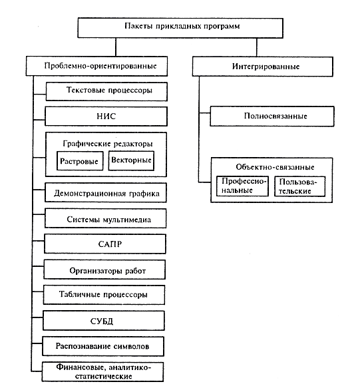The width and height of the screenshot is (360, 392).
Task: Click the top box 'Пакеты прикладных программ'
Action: coord(180,28)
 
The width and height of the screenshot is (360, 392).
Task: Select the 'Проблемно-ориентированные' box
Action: coord(96,66)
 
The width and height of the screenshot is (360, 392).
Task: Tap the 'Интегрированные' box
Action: coord(262,67)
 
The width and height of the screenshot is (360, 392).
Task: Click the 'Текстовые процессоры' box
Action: coord(106,91)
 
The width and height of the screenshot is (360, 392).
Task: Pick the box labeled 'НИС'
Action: coord(106,116)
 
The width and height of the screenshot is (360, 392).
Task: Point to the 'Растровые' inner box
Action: coord(80,161)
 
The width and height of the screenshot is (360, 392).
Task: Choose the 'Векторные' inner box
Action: coord(131,161)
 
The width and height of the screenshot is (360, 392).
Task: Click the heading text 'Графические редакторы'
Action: coord(108,144)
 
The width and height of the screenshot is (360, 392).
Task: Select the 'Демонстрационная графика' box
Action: coord(106,193)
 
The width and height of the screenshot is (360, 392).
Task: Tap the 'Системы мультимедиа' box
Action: coord(106,218)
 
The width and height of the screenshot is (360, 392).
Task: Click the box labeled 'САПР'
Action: coord(105,244)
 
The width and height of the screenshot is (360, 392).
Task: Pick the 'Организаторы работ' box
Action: coord(104,270)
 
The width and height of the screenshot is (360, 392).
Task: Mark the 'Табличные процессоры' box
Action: coord(104,295)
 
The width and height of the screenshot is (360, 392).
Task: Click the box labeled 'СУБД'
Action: coord(104,321)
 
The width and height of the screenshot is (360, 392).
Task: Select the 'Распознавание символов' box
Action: coord(103,346)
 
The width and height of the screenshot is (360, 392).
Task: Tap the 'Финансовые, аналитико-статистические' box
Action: coord(102,372)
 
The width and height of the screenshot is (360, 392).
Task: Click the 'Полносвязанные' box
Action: coord(272,116)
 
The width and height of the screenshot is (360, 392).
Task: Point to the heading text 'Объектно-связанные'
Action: coord(275,167)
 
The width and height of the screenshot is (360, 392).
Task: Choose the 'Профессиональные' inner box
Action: coord(242,186)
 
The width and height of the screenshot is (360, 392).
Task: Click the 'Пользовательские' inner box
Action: coord(299,186)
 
